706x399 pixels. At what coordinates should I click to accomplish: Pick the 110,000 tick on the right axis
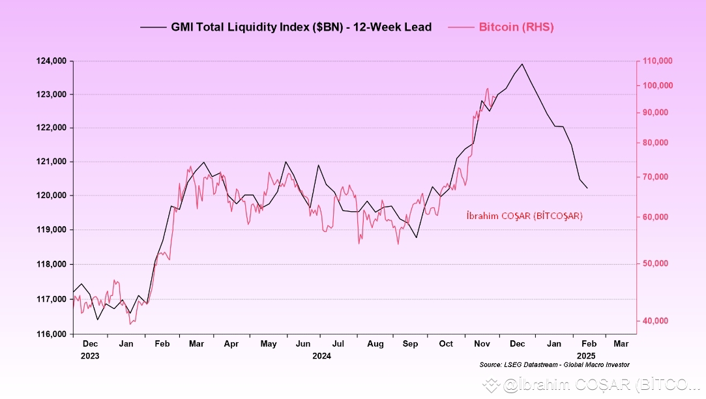point(658,61)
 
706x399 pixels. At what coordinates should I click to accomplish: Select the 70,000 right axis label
point(655,177)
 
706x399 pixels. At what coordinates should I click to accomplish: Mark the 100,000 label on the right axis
point(658,86)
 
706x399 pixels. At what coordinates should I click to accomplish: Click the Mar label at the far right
point(621,344)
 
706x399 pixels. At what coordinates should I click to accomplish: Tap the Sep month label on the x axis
point(410,344)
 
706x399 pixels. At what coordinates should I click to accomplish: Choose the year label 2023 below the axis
point(91,356)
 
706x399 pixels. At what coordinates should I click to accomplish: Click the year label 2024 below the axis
point(321,356)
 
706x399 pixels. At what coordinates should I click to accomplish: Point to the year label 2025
point(585,356)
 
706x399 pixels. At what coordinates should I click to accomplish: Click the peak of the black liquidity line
point(522,64)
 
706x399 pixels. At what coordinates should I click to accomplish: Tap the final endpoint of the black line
point(587,188)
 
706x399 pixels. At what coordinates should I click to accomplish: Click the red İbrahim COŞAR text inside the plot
point(524,216)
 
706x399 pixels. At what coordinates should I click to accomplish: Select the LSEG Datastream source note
point(554,364)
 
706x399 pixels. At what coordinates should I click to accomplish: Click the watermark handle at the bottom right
point(593,386)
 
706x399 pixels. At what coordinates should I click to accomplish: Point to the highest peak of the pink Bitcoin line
point(487,88)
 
